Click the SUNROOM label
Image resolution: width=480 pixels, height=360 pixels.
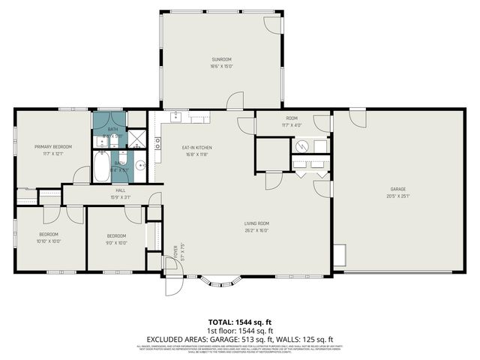coord(222,58)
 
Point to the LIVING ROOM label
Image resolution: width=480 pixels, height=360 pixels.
coord(256,223)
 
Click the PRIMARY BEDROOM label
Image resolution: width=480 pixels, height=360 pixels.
coord(53,147)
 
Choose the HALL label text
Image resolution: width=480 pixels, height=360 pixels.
coord(120,191)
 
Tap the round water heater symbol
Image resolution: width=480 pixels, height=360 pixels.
coord(302,145)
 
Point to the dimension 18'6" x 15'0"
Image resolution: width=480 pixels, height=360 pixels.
coord(222,65)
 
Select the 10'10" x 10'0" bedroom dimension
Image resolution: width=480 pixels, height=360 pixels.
coord(49,241)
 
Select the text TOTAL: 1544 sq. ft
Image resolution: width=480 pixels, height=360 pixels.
coord(239,321)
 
